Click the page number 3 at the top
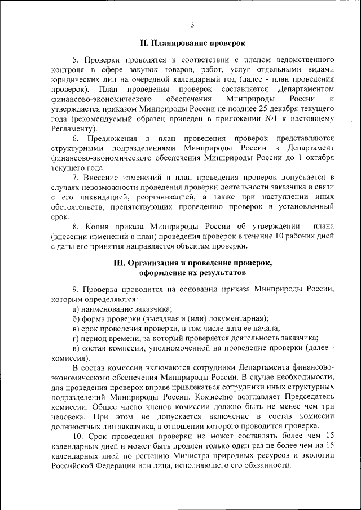click(x=192, y=25)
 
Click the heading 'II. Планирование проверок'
click(x=192, y=43)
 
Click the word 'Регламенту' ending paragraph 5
click(x=70, y=128)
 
